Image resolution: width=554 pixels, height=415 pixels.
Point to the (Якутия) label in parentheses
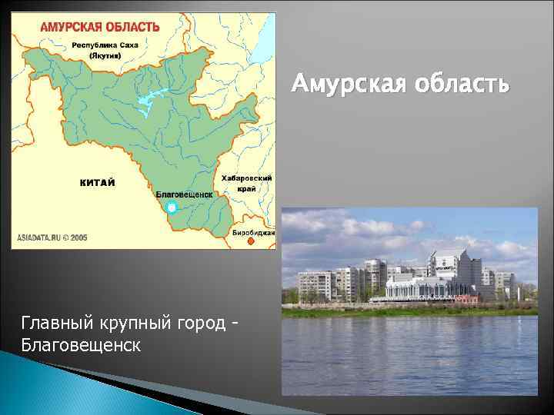coord(103,56)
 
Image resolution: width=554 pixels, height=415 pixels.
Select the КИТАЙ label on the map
coord(98,182)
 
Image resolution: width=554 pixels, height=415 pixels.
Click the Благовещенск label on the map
coord(184,195)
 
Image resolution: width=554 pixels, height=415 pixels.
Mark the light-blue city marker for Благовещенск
coord(172,207)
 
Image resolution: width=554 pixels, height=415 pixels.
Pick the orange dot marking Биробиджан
coord(250,241)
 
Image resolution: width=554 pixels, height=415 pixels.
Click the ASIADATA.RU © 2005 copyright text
coord(53,238)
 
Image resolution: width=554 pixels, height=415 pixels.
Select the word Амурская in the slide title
coord(345,84)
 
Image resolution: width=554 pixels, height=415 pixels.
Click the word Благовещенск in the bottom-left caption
coord(81,344)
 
